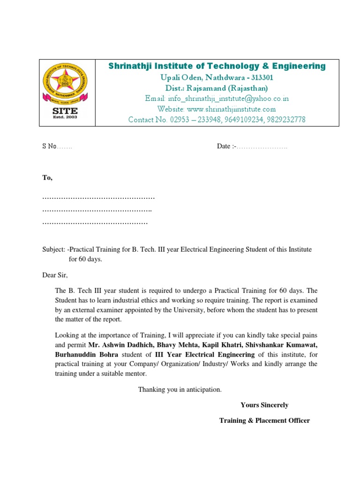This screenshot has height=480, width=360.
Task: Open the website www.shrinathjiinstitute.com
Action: pos(217,109)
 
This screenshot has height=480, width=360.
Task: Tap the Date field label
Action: pos(225,146)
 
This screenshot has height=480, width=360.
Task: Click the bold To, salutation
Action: pos(47,178)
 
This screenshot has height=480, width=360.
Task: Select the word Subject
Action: pos(53,249)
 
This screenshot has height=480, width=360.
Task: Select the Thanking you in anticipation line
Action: pos(180,390)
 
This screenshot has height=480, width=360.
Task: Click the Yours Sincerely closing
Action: pos(264,405)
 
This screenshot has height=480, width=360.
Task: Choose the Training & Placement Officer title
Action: pos(264,420)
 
